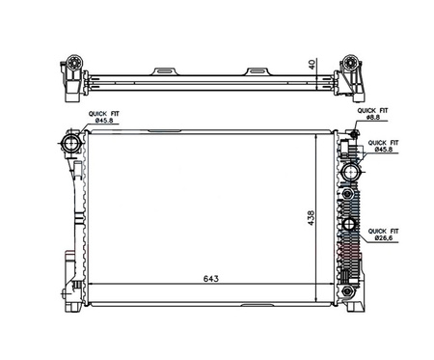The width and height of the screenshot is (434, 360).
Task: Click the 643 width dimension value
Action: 211,278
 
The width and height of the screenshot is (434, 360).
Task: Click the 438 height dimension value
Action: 311,218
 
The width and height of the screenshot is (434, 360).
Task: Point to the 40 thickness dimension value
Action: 312,64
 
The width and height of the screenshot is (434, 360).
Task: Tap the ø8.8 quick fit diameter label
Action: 373,118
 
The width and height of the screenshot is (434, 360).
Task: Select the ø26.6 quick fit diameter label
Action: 383,238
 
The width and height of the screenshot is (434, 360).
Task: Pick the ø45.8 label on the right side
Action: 384,150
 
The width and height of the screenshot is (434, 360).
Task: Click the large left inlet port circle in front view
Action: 70,143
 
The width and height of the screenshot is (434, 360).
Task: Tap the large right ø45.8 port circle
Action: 350,172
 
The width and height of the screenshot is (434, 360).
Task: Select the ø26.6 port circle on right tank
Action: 349,224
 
